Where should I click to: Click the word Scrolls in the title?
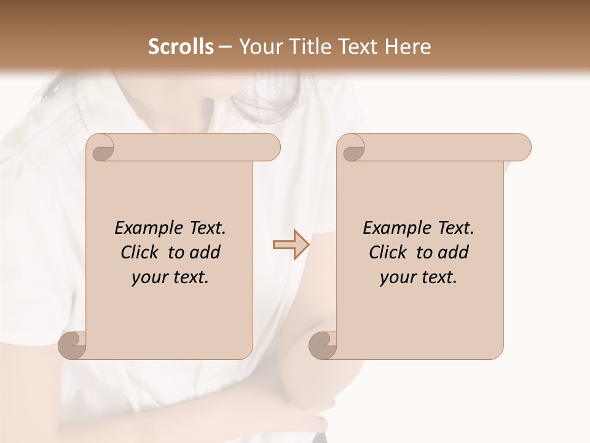tap(181, 47)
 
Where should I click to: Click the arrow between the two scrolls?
tap(290, 245)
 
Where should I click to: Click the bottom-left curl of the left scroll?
tap(73, 346)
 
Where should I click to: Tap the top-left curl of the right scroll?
tap(352, 148)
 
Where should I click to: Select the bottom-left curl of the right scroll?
tap(323, 346)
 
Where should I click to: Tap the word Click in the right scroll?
tap(387, 252)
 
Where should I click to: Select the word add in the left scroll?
tap(206, 252)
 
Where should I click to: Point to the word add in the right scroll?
tap(454, 252)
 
